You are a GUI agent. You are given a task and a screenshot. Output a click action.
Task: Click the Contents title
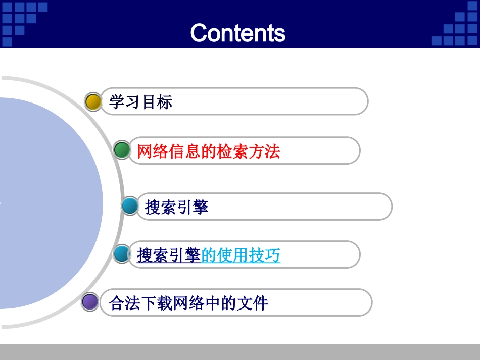[237, 33]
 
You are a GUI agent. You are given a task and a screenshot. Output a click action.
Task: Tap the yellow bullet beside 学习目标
[93, 101]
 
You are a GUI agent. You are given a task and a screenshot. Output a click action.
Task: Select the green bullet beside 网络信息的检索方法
[122, 150]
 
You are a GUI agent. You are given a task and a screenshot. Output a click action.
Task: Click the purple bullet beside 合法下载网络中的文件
[90, 302]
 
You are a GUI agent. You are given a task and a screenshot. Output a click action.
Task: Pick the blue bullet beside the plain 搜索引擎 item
[130, 206]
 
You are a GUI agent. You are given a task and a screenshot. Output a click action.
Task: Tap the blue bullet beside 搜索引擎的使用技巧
[122, 253]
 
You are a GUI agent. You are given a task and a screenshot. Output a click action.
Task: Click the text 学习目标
[140, 102]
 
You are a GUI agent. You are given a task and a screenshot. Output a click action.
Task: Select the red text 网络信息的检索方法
[208, 151]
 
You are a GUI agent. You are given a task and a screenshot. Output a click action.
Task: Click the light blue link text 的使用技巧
[241, 255]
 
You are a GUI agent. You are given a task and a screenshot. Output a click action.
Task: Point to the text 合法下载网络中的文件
[188, 303]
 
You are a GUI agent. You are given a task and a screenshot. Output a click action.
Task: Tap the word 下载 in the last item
[157, 303]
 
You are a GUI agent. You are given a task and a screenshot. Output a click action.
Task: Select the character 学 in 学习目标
[117, 102]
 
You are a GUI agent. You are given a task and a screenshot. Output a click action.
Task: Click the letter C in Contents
[199, 33]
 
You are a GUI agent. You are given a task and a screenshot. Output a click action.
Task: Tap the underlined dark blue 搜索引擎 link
[169, 255]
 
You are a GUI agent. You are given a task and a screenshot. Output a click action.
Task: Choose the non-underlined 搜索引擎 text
[176, 207]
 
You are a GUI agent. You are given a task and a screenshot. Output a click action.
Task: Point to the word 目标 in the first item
[157, 102]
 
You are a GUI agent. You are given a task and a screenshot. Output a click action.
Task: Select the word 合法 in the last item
[125, 303]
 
